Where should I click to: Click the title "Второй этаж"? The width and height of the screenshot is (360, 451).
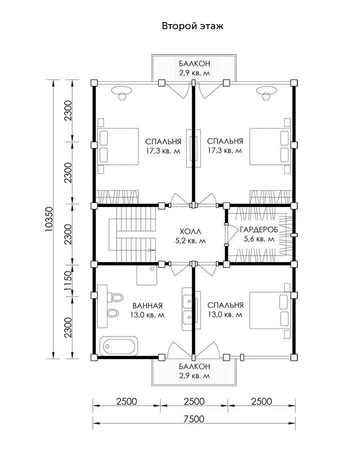click(192, 26)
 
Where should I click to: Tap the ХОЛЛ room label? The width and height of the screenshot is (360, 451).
click(190, 231)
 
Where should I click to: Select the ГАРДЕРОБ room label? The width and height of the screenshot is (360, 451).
click(259, 230)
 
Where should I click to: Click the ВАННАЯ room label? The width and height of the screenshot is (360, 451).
click(147, 305)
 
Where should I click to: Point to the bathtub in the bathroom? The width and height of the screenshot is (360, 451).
click(118, 346)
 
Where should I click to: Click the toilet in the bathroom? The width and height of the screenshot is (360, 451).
click(115, 297)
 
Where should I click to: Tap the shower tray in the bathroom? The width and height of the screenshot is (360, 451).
click(147, 275)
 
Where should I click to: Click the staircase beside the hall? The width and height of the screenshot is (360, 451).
click(132, 235)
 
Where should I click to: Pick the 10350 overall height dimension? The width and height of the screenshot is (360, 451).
click(49, 219)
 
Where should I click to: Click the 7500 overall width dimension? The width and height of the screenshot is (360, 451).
click(194, 419)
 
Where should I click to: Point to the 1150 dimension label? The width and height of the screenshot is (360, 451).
click(68, 280)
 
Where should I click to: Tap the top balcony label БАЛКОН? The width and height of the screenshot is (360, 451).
click(194, 63)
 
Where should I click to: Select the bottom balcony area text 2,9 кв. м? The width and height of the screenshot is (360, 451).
click(194, 376)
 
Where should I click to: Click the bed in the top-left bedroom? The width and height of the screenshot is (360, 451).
click(118, 147)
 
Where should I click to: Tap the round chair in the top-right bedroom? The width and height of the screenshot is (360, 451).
click(267, 96)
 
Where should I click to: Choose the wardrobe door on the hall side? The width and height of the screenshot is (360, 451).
click(226, 235)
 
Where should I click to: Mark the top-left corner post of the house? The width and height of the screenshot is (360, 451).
click(94, 83)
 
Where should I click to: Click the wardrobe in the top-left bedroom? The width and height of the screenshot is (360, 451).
click(117, 197)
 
